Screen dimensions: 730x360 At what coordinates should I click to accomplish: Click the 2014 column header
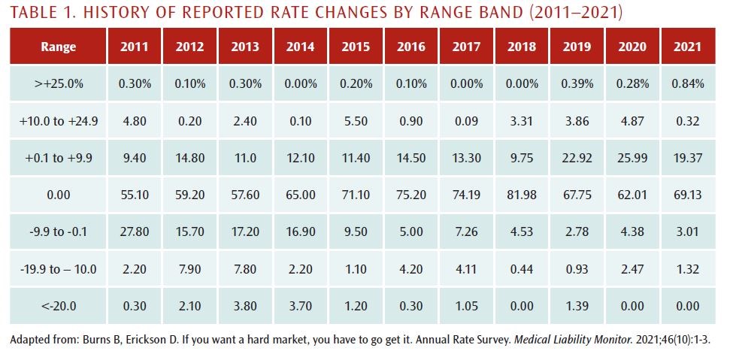coord(300,47)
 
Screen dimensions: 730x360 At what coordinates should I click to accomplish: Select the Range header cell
coord(58,47)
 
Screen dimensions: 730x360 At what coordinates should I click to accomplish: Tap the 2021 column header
coord(688,47)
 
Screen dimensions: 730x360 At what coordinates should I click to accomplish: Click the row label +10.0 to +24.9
coord(58,121)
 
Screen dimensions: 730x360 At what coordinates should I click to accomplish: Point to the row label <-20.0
coord(58,306)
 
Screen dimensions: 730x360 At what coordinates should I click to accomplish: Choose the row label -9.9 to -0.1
coord(58,231)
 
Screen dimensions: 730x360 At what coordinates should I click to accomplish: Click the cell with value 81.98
coord(522,195)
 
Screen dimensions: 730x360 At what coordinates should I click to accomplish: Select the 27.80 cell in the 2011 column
coord(135,231)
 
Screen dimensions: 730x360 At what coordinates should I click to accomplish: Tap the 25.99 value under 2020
coord(632,158)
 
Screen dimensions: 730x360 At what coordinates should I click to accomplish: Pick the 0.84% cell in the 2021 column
coord(688,83)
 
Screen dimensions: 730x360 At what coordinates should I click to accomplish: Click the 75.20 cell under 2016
coord(411,195)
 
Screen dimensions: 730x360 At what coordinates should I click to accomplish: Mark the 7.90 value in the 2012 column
coord(189,269)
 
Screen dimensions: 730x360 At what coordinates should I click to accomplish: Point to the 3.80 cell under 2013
coord(245,306)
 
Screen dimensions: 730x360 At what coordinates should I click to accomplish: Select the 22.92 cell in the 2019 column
coord(577,158)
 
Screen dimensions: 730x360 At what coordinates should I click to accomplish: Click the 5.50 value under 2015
coord(356,121)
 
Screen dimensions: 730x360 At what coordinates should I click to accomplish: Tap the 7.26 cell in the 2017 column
coord(466,231)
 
